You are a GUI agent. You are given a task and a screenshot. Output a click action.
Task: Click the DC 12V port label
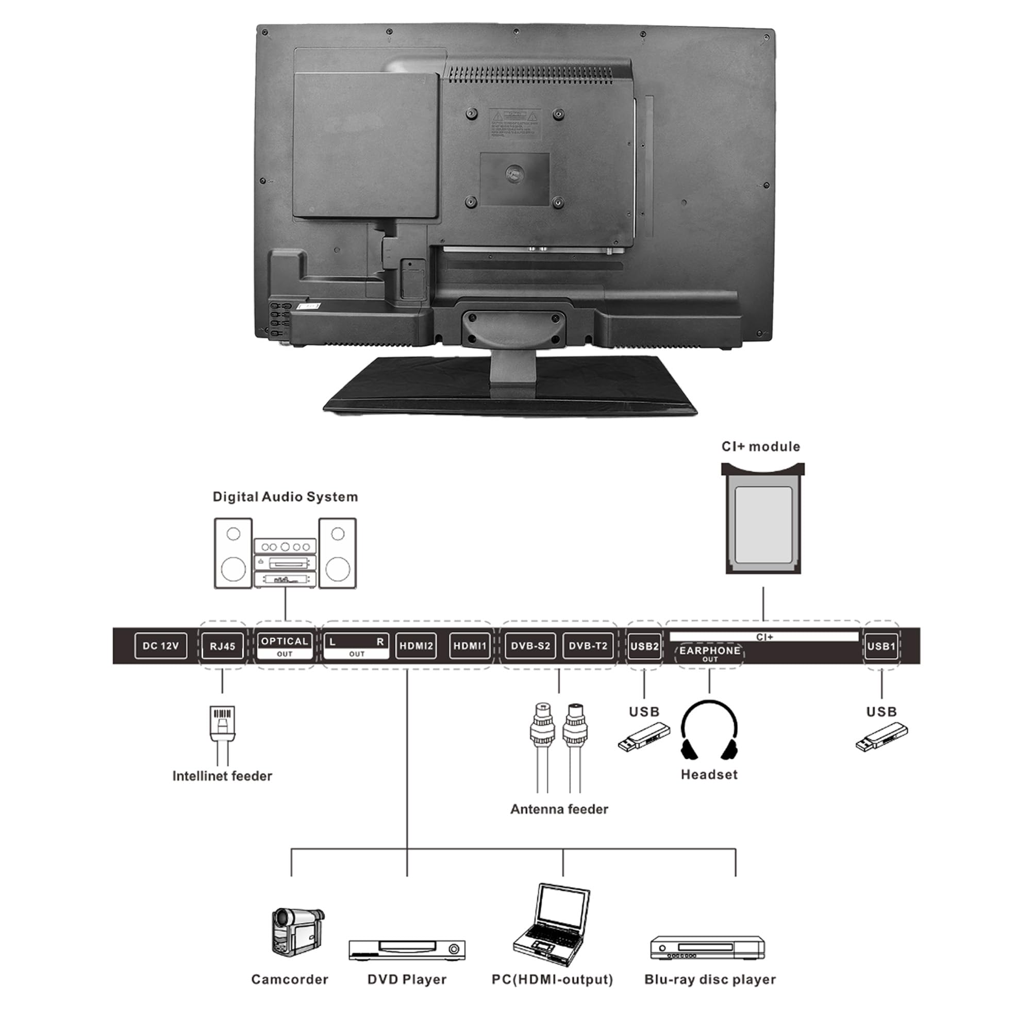point(161,646)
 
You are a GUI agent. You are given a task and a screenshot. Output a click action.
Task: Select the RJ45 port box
point(223,646)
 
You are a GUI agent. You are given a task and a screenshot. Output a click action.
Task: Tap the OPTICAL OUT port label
point(285,646)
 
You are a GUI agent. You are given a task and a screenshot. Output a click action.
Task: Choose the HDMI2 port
point(416,646)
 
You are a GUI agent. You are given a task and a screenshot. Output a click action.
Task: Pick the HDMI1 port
point(470,646)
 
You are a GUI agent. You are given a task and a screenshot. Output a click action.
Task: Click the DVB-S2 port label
point(530,646)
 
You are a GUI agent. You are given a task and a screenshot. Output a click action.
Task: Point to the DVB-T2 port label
point(588,646)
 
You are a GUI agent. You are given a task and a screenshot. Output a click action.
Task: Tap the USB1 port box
point(881,646)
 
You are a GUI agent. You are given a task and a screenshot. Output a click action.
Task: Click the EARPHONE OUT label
point(709,654)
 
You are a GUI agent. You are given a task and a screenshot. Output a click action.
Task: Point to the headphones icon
point(709,730)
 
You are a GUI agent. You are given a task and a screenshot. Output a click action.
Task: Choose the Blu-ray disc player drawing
point(707,948)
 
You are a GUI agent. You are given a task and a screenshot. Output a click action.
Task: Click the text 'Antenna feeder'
point(559,809)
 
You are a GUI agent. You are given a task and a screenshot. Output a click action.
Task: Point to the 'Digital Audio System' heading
point(285,497)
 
